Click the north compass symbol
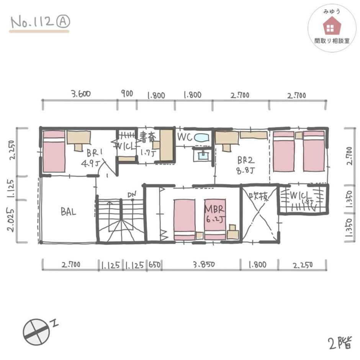coord(36,332)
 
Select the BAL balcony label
coord(68,212)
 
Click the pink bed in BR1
coord(54,152)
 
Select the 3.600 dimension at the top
coord(81,94)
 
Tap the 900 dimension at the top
coord(127,93)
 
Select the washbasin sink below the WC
coord(203,155)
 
